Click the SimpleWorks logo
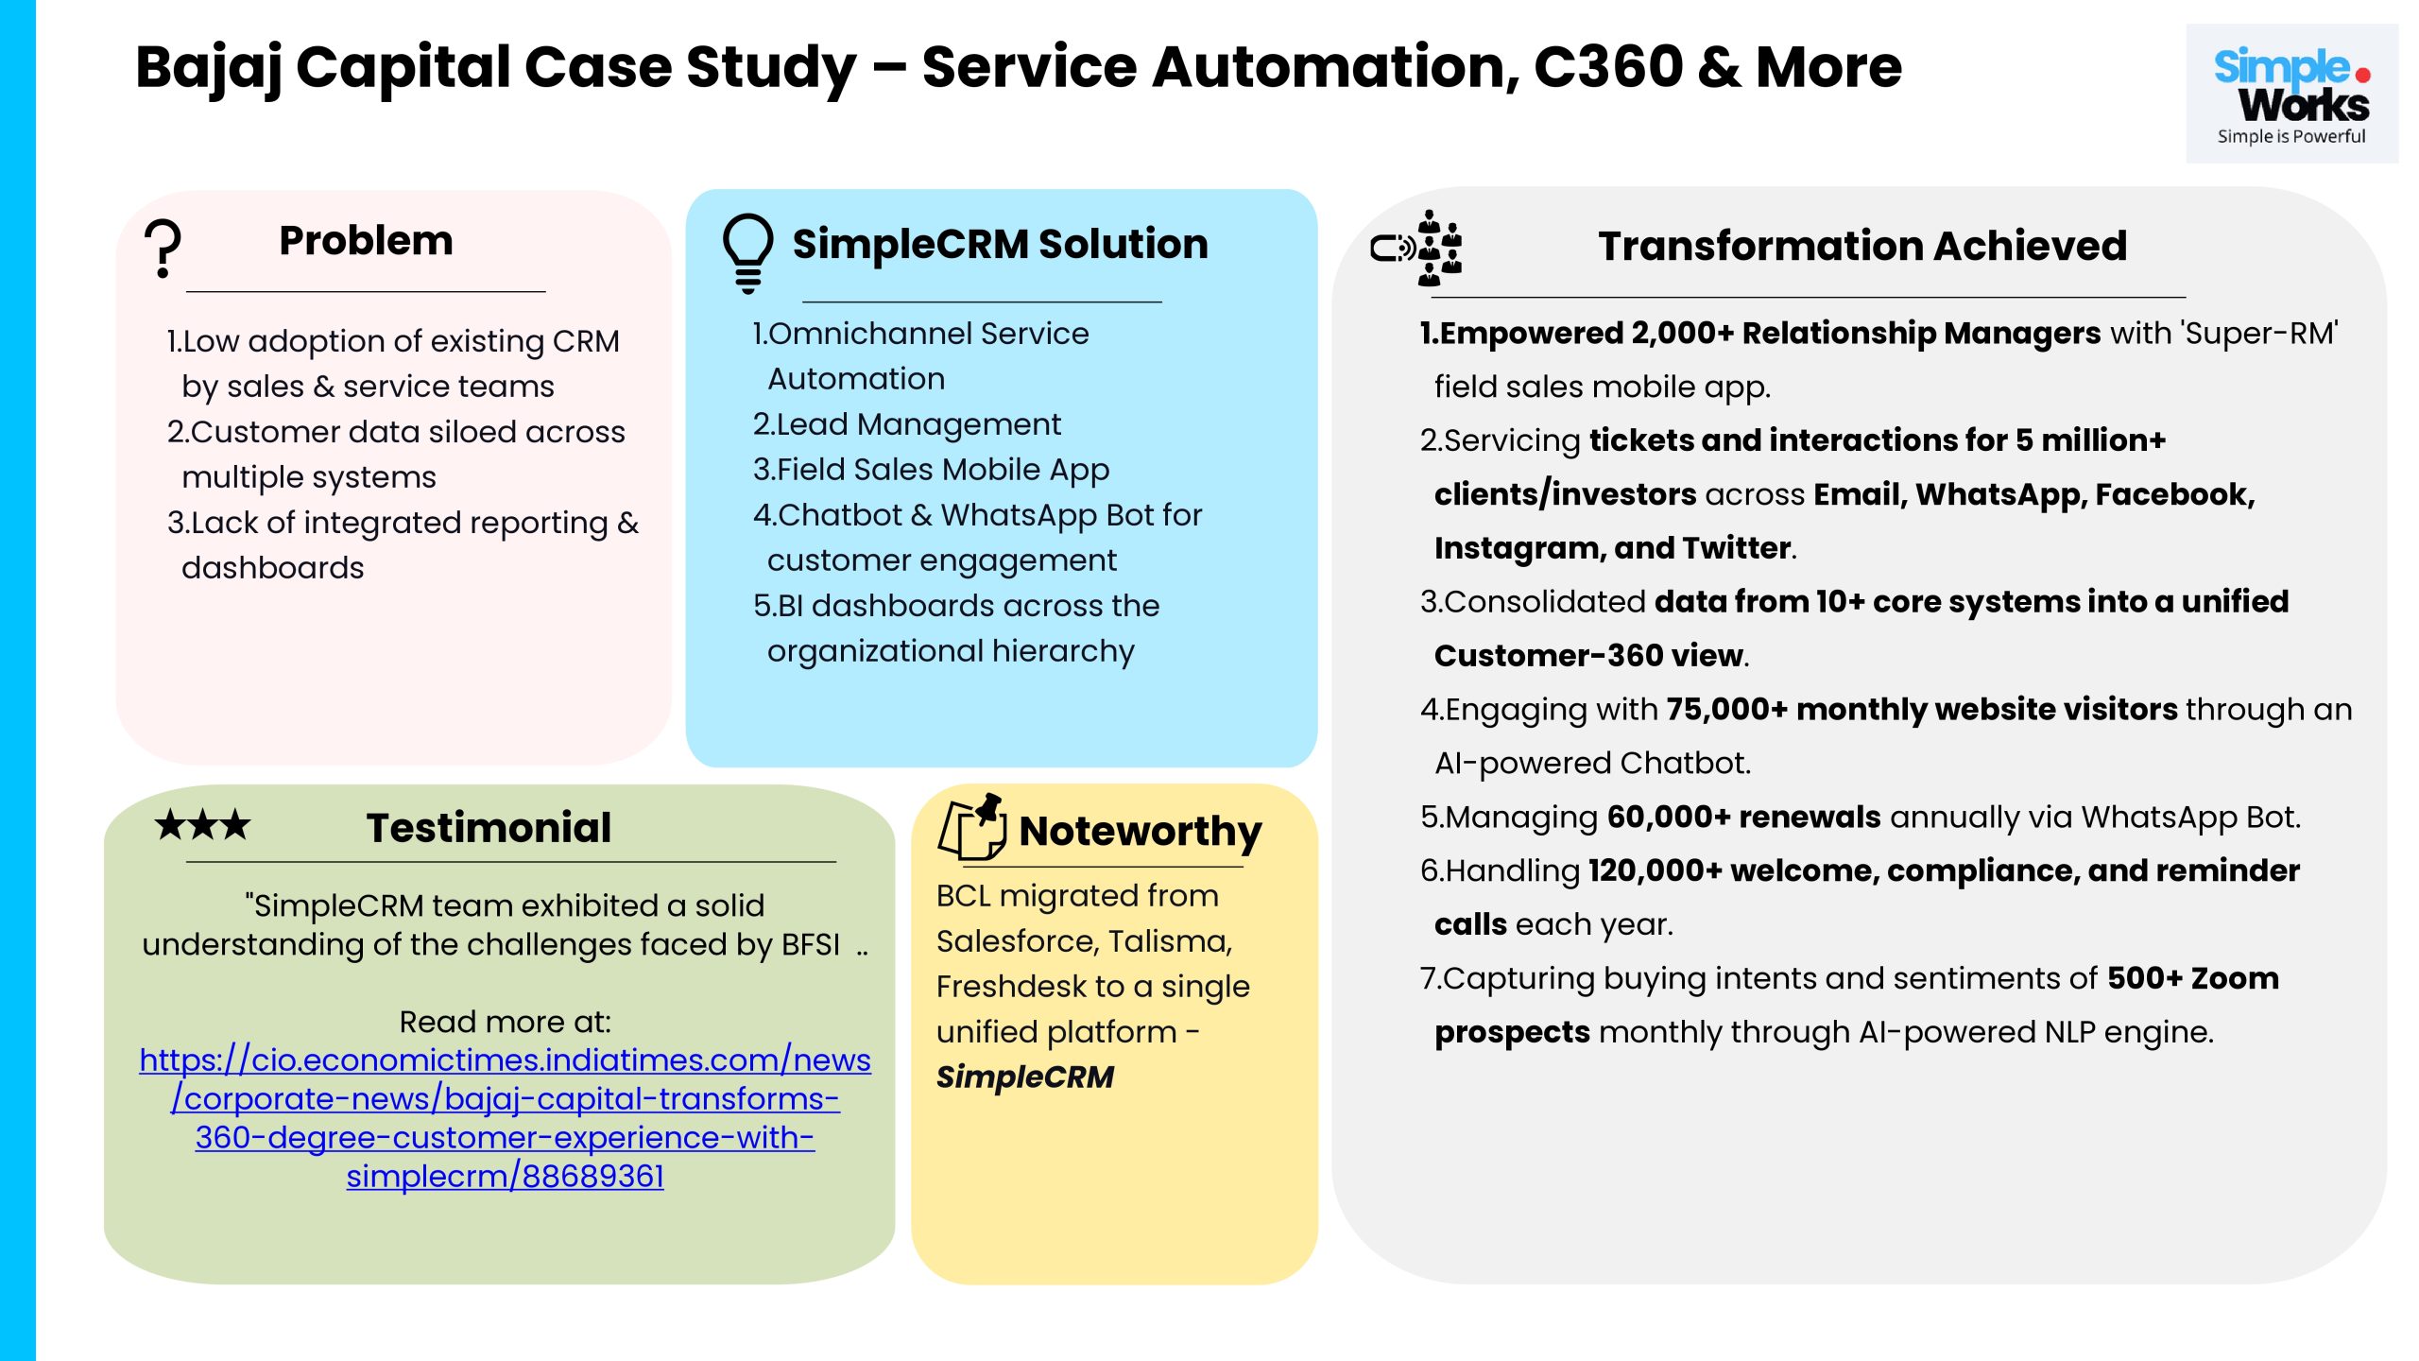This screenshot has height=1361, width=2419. click(2291, 95)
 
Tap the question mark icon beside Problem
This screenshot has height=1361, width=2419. click(163, 249)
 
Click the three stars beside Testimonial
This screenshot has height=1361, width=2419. click(203, 825)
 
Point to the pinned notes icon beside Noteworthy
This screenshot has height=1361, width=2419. click(972, 827)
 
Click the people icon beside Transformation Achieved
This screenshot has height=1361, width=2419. click(1418, 249)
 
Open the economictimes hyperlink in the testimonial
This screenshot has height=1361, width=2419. click(505, 1118)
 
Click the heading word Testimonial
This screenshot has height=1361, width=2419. click(489, 828)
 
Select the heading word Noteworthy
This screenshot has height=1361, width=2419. click(1141, 832)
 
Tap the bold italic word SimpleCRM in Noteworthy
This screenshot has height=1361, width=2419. click(1025, 1077)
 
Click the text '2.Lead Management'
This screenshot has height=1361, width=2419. click(906, 424)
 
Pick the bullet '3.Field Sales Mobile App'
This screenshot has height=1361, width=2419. click(931, 470)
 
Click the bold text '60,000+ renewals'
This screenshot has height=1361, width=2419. click(1743, 817)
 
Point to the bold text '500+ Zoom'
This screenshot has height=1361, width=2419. click(2192, 978)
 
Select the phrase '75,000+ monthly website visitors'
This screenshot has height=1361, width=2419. click(1921, 709)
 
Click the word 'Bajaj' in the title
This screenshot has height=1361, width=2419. click(209, 68)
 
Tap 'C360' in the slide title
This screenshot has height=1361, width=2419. click(1608, 68)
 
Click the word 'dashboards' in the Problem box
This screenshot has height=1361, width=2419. click(272, 568)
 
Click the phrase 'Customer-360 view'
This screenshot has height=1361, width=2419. click(1588, 656)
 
